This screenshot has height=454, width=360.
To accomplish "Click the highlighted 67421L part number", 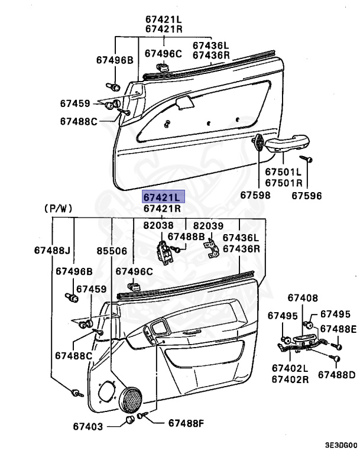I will coord(162,196).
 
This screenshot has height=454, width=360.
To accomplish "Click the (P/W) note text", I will coord(58,209).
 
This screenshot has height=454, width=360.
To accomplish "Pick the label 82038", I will coord(158,225).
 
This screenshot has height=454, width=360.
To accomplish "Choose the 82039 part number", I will coord(208,225).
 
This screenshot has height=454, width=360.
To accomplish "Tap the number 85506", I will coord(112,251).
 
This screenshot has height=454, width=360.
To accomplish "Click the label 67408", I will coord(303,298).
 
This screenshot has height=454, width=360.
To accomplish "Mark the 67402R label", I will coord(290,379).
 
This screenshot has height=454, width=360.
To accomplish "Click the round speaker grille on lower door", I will coord(131,399).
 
